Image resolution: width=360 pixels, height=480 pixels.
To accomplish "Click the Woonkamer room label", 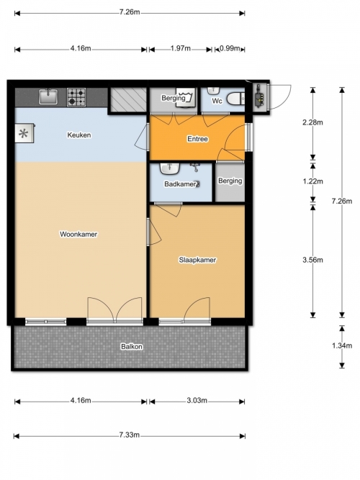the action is point(78,234).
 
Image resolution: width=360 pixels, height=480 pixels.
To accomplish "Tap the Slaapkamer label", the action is point(197,260).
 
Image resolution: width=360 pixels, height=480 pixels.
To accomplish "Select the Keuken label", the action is point(79,135).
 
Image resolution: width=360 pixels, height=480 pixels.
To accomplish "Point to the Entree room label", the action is point(197,139).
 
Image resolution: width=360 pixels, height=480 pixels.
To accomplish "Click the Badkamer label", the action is point(180,184).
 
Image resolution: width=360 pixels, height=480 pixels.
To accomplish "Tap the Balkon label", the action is point(132,347).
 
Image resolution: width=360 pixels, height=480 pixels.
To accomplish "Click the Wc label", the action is point(217,101).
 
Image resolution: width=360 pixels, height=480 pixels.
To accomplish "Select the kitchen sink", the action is point(48,96).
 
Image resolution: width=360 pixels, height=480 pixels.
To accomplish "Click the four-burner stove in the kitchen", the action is point(76,97).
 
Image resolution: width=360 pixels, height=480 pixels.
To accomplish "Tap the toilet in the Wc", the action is point(235,99).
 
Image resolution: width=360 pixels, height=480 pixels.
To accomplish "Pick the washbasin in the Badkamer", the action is point(170,168).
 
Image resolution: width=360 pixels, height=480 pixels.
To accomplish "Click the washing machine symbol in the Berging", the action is point(186,98).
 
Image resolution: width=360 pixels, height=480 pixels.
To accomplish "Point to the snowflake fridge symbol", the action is point(24,133).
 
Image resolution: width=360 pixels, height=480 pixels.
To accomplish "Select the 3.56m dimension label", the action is point(312,260).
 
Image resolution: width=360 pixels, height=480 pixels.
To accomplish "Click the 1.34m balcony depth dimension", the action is point(342,345).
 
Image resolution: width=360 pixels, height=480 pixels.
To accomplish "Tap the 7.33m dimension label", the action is point(130,435).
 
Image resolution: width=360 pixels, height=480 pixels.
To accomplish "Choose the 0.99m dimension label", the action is point(230,48).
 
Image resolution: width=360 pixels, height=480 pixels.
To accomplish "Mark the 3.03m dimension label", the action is point(197,400).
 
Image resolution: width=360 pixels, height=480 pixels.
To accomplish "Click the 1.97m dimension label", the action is point(181,48).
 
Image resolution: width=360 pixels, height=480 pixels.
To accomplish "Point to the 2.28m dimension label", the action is point(312,122).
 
